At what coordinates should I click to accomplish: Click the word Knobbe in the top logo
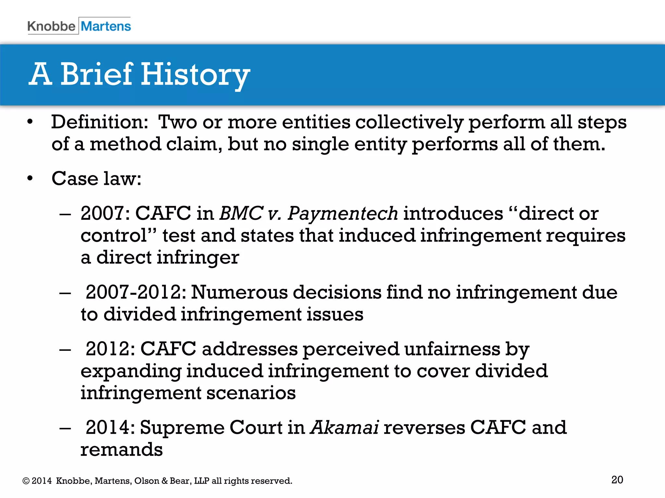51,26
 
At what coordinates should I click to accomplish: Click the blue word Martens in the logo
106,26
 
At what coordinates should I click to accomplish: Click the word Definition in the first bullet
99,123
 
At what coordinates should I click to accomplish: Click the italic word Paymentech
343,214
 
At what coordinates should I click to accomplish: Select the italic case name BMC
241,214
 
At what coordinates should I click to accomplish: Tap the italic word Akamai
345,427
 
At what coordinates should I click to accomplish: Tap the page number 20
617,480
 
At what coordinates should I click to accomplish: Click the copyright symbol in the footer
26,481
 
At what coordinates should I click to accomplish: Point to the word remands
121,450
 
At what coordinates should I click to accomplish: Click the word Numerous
239,292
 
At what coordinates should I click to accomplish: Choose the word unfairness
452,349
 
